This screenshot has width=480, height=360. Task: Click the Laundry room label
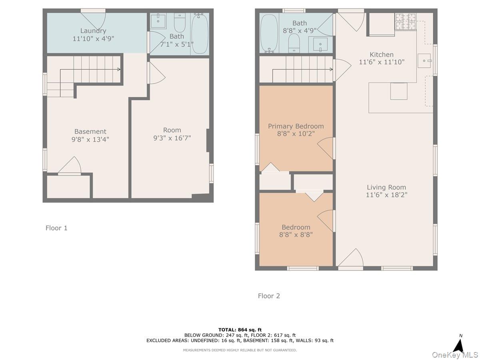pos(93,31)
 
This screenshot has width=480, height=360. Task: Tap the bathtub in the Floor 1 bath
pos(200,34)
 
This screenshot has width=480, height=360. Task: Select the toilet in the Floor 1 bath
pos(180,24)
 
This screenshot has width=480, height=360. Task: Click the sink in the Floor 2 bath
pos(320,44)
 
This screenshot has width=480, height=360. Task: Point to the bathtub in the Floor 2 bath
pos(269,34)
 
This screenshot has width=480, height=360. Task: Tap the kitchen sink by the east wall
pos(424,61)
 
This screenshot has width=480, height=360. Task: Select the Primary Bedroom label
pos(296,126)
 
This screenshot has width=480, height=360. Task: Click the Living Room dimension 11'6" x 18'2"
pos(387,195)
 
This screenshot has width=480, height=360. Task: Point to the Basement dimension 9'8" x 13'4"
pos(90,139)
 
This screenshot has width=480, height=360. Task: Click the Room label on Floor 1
pos(172,130)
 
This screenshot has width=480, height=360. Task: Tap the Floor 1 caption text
pos(56,228)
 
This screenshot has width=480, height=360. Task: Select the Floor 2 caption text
pos(269,296)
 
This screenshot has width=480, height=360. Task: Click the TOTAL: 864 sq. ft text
pos(240,330)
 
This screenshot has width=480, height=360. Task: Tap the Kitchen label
pos(382,55)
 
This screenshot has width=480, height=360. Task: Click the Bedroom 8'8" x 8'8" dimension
pos(296,235)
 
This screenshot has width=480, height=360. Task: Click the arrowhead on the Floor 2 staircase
pos(331,70)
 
